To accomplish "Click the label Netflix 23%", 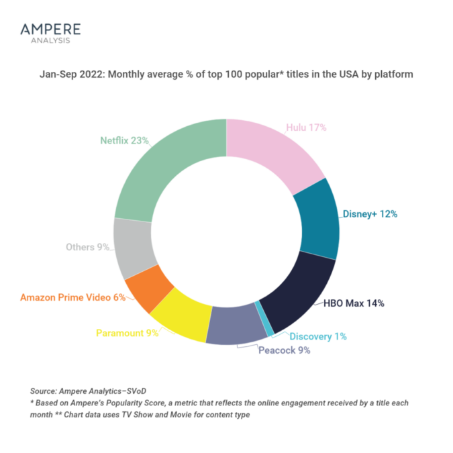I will tap(125, 141).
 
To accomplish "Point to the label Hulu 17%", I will tap(306, 128).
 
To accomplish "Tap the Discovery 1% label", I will tap(319, 337).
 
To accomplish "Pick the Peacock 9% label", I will tap(285, 350).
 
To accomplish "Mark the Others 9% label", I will tap(88, 247).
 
